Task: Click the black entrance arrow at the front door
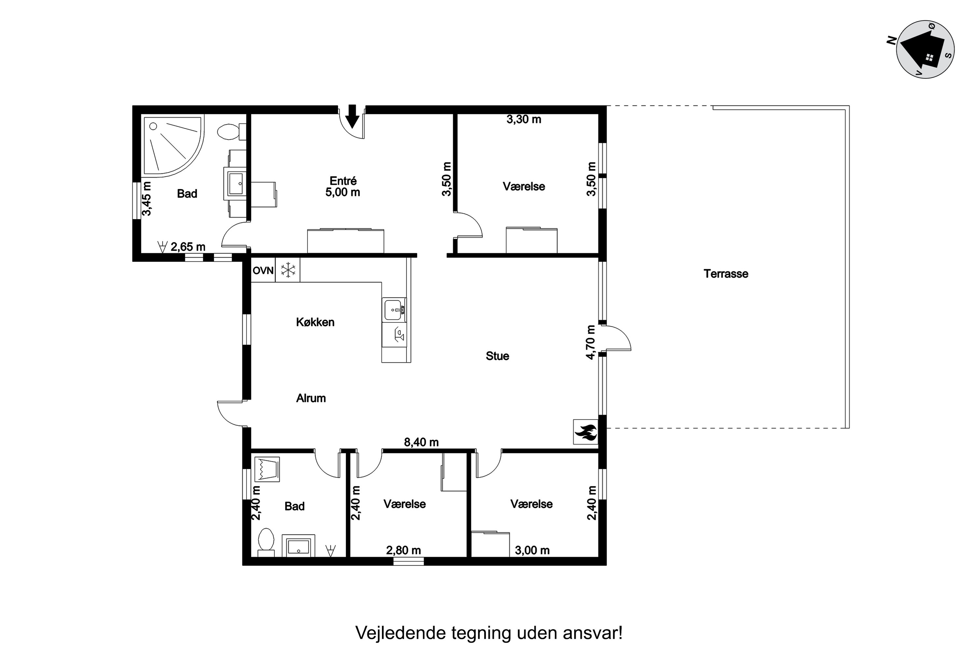[352, 116]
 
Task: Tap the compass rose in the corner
[925, 49]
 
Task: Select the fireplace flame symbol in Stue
[586, 432]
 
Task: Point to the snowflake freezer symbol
[288, 270]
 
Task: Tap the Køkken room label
[315, 322]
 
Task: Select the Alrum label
[311, 398]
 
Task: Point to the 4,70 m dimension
[591, 342]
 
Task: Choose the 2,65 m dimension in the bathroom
[188, 247]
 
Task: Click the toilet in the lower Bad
[266, 542]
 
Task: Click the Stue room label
[497, 356]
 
